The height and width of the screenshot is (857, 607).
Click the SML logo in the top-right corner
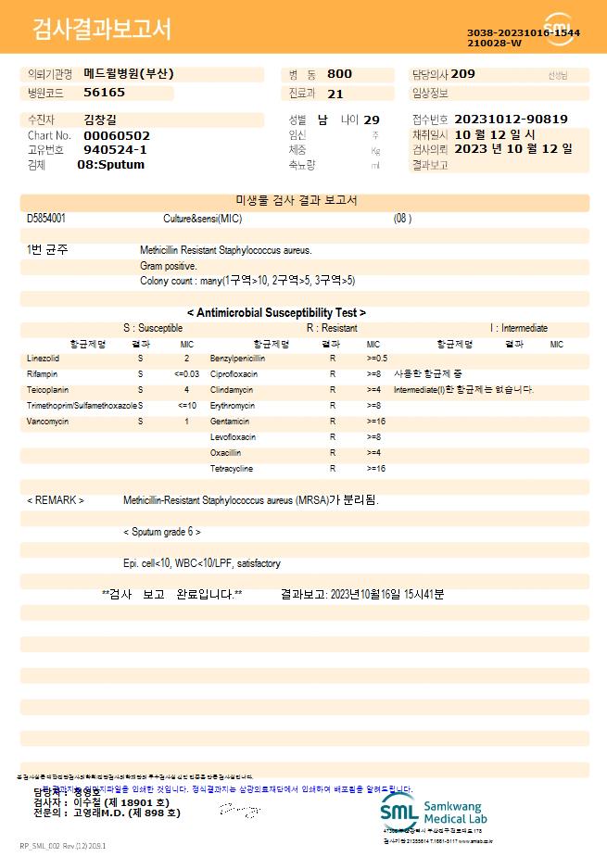click(559, 29)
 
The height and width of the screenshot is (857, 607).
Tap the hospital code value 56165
click(104, 93)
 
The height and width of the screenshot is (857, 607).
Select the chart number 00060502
click(117, 135)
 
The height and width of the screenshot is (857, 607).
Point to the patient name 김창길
click(100, 120)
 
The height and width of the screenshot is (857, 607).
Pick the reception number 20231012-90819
click(512, 120)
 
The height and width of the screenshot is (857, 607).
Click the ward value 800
click(339, 74)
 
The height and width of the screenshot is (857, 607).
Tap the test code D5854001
click(46, 219)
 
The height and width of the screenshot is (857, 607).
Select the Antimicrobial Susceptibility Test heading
click(276, 313)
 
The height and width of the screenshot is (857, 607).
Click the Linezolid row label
click(44, 359)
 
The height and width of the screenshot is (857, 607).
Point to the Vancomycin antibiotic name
click(48, 422)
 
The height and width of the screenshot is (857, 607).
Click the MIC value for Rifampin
click(186, 374)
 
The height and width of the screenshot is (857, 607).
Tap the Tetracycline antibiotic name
click(232, 469)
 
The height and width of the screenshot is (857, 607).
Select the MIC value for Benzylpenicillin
click(377, 359)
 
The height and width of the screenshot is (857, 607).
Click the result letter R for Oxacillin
click(333, 453)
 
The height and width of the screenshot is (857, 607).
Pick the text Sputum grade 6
click(162, 533)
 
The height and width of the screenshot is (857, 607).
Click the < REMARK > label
click(56, 500)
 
